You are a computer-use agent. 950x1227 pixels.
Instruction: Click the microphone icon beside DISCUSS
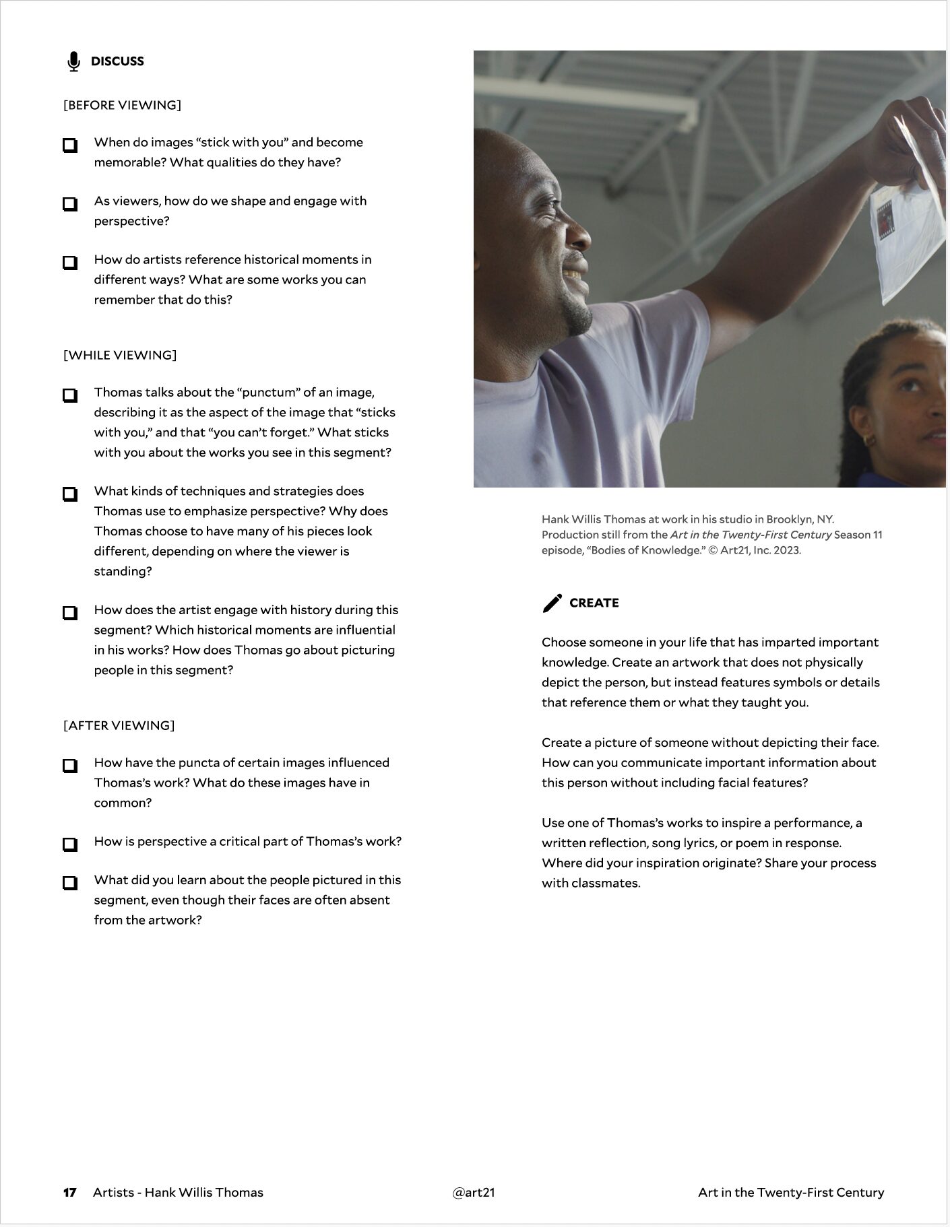pyautogui.click(x=73, y=61)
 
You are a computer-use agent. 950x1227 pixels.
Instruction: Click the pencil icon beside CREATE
pyautogui.click(x=552, y=603)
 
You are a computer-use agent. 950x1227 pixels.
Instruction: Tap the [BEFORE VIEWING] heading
pyautogui.click(x=122, y=105)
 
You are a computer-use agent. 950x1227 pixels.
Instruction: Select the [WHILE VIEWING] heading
pyautogui.click(x=120, y=355)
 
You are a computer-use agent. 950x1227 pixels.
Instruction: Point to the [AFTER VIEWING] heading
pyautogui.click(x=119, y=725)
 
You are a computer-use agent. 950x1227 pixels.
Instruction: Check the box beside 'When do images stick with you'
pyautogui.click(x=70, y=145)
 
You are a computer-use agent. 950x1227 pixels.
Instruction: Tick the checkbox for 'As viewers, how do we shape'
pyautogui.click(x=70, y=203)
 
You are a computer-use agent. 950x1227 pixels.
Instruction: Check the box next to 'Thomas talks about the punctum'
pyautogui.click(x=70, y=395)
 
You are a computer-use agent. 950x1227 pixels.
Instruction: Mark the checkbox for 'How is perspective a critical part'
pyautogui.click(x=70, y=844)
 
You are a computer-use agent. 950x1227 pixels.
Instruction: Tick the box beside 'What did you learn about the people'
pyautogui.click(x=70, y=882)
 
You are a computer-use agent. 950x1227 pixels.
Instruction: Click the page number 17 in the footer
pyautogui.click(x=69, y=1192)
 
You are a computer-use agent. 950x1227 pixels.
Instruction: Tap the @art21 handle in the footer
pyautogui.click(x=474, y=1192)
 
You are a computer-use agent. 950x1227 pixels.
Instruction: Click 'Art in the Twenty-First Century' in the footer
pyautogui.click(x=791, y=1192)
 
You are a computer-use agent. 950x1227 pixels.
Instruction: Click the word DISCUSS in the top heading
pyautogui.click(x=117, y=61)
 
